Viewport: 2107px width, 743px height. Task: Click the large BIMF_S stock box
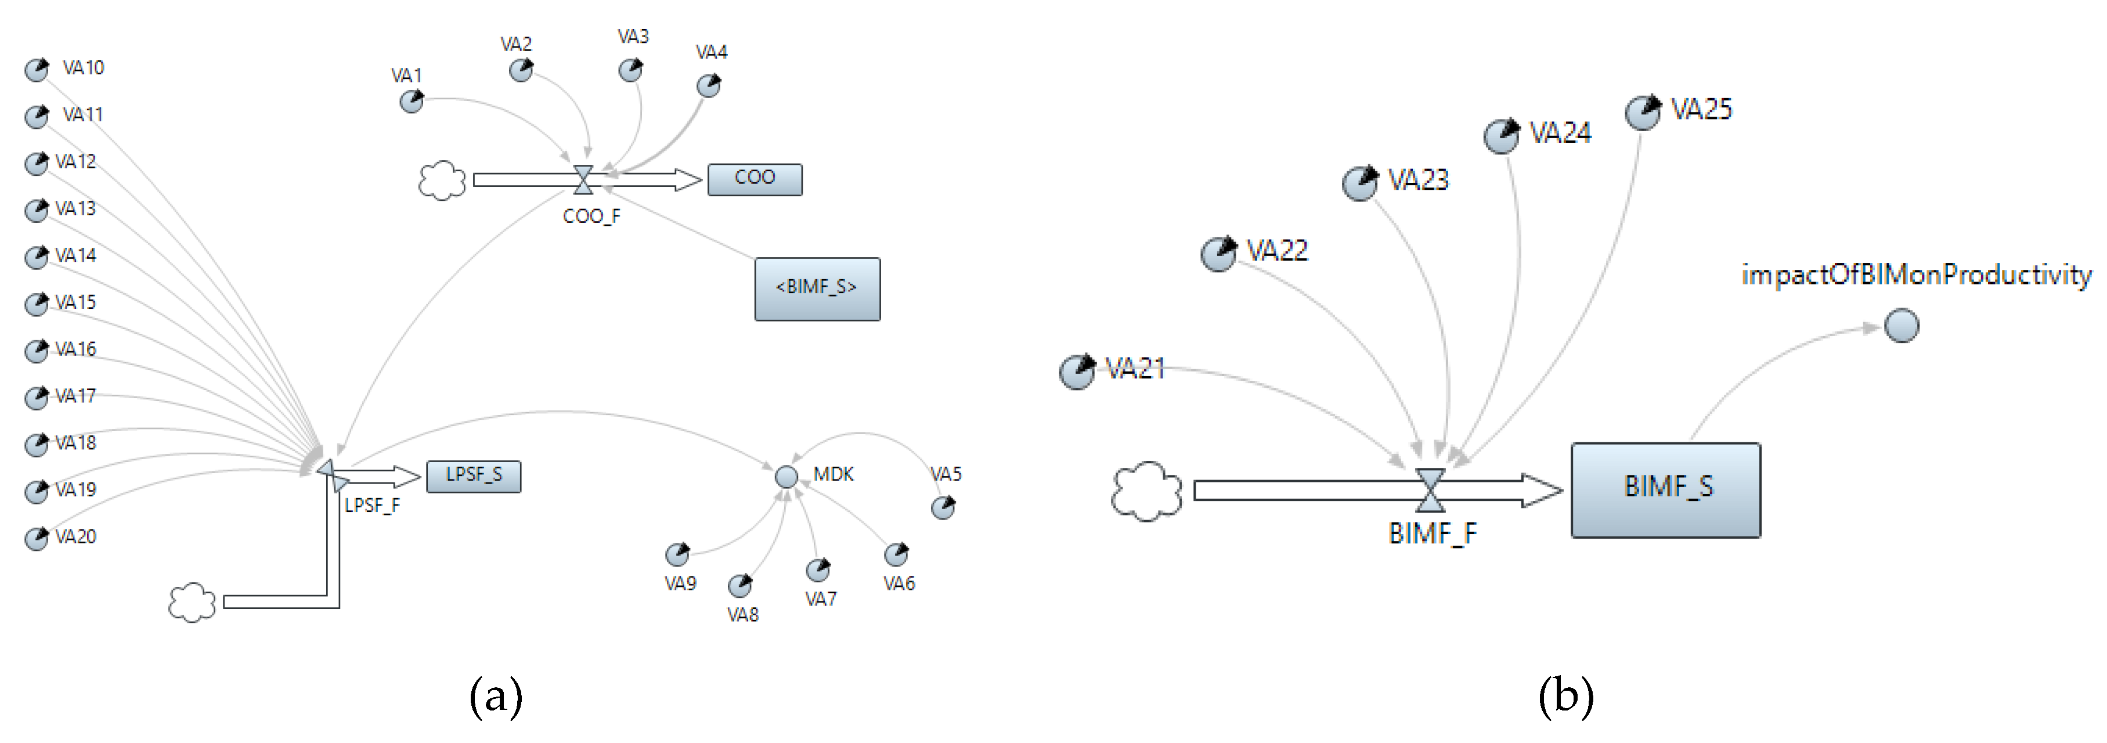click(x=1665, y=489)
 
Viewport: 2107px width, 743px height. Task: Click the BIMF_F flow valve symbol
click(x=1430, y=489)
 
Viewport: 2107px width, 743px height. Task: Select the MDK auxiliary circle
click(x=786, y=476)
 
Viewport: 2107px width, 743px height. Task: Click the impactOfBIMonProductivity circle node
click(x=1901, y=326)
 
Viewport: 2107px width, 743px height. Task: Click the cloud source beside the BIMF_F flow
click(x=1146, y=491)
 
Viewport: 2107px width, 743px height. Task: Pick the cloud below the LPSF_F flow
click(x=192, y=603)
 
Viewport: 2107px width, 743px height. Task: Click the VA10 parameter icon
click(x=37, y=70)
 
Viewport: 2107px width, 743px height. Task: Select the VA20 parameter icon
click(x=37, y=539)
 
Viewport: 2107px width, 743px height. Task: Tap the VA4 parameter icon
click(x=708, y=85)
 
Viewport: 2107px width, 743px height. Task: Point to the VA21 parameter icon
click(x=1077, y=371)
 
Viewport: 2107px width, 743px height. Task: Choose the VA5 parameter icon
click(x=943, y=507)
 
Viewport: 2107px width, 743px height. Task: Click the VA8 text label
click(x=743, y=615)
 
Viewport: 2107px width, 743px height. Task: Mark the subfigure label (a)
click(x=495, y=697)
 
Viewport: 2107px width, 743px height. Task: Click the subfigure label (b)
click(x=1565, y=697)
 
